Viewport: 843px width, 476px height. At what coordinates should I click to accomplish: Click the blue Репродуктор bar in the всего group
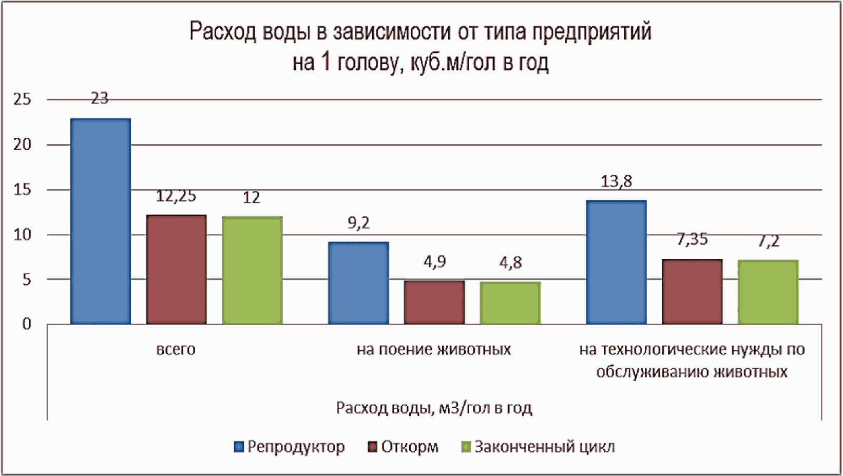point(101,221)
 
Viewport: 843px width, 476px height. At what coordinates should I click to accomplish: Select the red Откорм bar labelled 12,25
point(177,270)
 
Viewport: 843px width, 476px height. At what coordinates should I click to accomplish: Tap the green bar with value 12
point(252,270)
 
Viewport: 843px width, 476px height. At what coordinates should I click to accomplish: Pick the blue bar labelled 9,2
point(359,283)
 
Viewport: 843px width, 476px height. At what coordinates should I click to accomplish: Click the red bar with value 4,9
point(434,302)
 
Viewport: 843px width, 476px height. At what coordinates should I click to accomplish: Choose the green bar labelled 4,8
point(510,302)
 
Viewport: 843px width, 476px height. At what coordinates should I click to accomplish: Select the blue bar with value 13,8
point(617,262)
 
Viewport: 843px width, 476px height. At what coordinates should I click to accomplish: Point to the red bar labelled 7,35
point(693,291)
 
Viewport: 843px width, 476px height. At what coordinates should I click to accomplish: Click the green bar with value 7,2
point(768,292)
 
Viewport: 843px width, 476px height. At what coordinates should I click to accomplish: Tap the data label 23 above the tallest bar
point(100,99)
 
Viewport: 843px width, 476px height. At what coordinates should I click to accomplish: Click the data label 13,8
point(617,182)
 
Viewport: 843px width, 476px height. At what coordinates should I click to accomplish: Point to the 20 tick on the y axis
point(22,144)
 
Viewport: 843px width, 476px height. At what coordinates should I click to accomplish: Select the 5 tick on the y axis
point(26,279)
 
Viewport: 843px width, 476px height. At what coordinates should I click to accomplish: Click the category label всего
point(176,350)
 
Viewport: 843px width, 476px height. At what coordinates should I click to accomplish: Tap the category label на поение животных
point(434,350)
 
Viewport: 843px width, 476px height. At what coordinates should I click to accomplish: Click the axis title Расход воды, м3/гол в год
point(434,408)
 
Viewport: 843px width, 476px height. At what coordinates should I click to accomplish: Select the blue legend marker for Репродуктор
point(239,447)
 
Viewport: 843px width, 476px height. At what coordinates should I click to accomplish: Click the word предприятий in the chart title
point(591,32)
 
